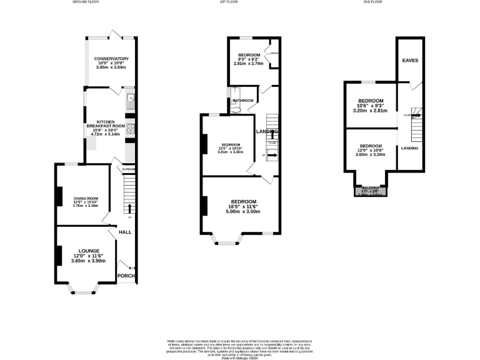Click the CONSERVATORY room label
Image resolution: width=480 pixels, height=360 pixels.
coord(111,59)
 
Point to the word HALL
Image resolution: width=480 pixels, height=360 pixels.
coord(124,232)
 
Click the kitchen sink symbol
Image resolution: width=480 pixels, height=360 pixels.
coord(129,98)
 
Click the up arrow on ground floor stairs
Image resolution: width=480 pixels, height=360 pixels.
coord(129,207)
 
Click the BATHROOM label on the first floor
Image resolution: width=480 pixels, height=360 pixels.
coord(243,101)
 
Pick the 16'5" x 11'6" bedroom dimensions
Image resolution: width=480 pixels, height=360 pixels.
coord(243,207)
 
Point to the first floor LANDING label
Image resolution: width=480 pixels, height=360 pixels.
coord(267,131)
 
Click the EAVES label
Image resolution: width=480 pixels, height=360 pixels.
coord(410,61)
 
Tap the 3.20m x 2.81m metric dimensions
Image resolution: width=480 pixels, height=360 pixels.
coord(371,111)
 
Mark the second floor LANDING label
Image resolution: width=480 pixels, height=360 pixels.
coord(410,148)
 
